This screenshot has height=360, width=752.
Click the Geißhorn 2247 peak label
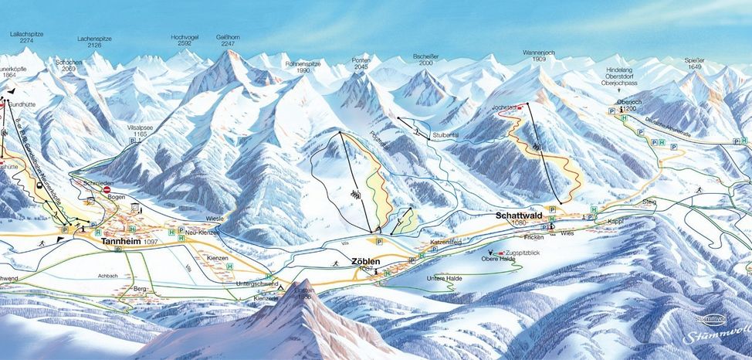pos(229,41)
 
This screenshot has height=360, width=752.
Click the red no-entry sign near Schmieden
pos(107,189)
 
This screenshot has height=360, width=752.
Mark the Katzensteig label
pos(445,243)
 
